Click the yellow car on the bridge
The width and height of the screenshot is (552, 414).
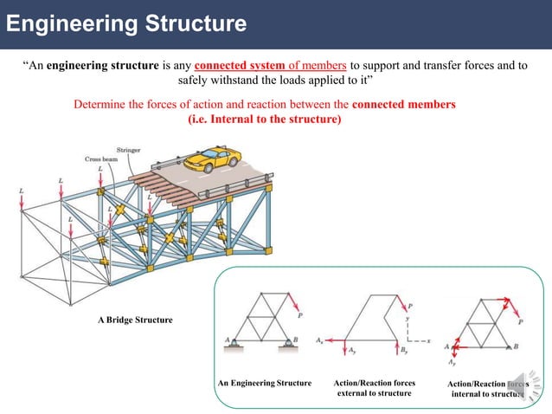(x=213, y=158)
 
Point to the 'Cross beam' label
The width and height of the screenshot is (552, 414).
(x=100, y=159)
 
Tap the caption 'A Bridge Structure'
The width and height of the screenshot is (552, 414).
(x=134, y=320)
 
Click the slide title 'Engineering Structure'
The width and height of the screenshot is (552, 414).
(x=125, y=23)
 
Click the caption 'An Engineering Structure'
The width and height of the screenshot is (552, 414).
(x=265, y=383)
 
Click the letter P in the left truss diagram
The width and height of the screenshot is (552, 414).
(x=300, y=314)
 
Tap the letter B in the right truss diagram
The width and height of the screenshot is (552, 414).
(x=517, y=346)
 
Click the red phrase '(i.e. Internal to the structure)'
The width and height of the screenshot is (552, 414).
(x=265, y=120)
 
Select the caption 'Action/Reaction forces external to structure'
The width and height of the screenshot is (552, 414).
(x=375, y=388)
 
